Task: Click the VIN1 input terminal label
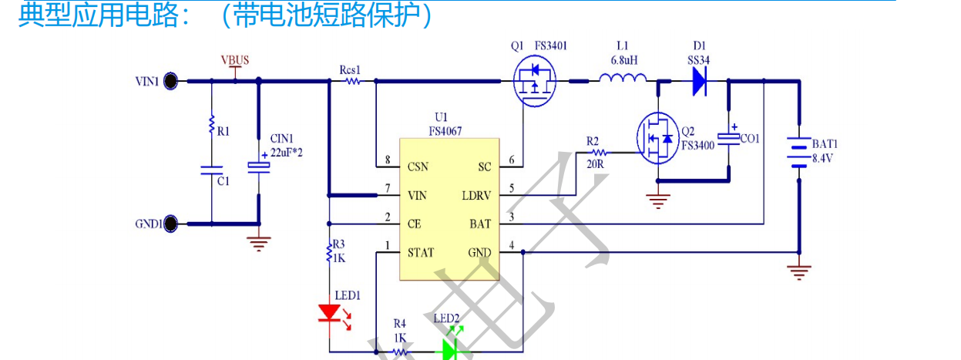tap(146, 80)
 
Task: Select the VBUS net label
tap(235, 60)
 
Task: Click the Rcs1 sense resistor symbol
tap(352, 80)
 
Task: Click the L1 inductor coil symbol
tap(623, 77)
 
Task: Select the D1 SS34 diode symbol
tap(700, 80)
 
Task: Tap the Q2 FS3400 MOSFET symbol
tap(657, 140)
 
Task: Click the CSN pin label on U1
tap(419, 166)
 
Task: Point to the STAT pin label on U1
tap(421, 252)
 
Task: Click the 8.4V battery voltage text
tap(825, 158)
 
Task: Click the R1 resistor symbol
tap(210, 126)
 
